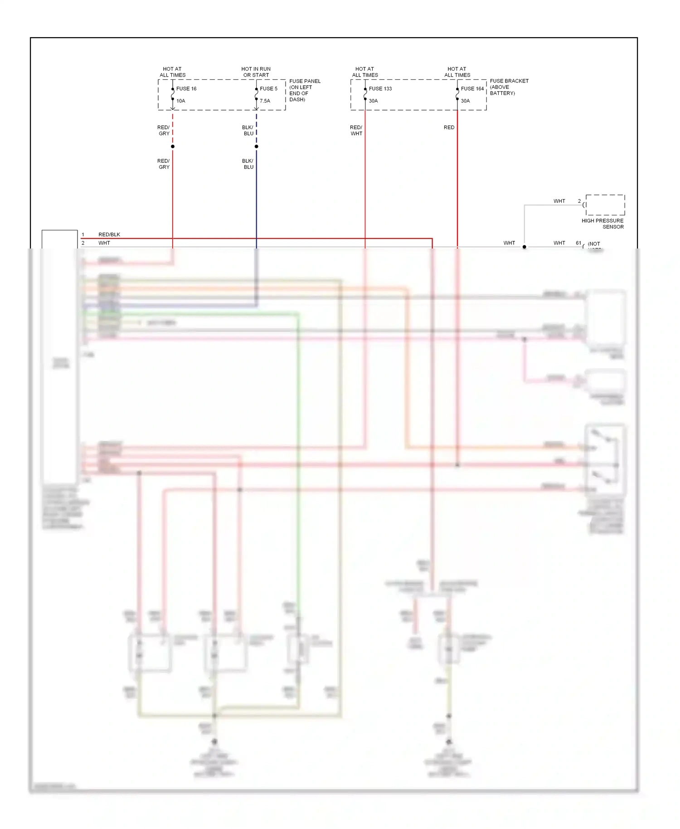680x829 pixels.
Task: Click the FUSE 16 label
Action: click(186, 89)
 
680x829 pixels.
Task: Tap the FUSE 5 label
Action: click(268, 89)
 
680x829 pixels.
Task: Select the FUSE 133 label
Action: click(380, 89)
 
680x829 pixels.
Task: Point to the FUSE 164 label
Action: click(472, 89)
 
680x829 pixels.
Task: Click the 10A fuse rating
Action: click(181, 101)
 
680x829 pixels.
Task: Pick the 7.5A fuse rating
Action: click(265, 101)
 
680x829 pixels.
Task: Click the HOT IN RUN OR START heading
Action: click(256, 72)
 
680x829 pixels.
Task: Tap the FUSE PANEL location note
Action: click(305, 90)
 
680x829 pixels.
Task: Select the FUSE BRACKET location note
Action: click(509, 87)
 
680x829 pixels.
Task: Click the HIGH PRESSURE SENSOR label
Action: click(602, 224)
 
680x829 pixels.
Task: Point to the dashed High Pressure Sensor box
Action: click(605, 205)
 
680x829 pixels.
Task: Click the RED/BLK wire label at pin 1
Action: click(109, 235)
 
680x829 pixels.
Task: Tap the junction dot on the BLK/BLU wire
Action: click(257, 146)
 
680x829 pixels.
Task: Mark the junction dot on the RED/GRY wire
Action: click(173, 146)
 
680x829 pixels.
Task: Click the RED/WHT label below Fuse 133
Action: click(356, 131)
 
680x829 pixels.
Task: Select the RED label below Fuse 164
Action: click(449, 127)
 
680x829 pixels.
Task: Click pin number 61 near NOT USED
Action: click(578, 243)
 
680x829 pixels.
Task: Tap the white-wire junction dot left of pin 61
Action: click(525, 247)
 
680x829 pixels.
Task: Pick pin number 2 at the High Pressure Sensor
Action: click(579, 201)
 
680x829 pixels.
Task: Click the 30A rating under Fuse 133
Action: click(373, 101)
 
